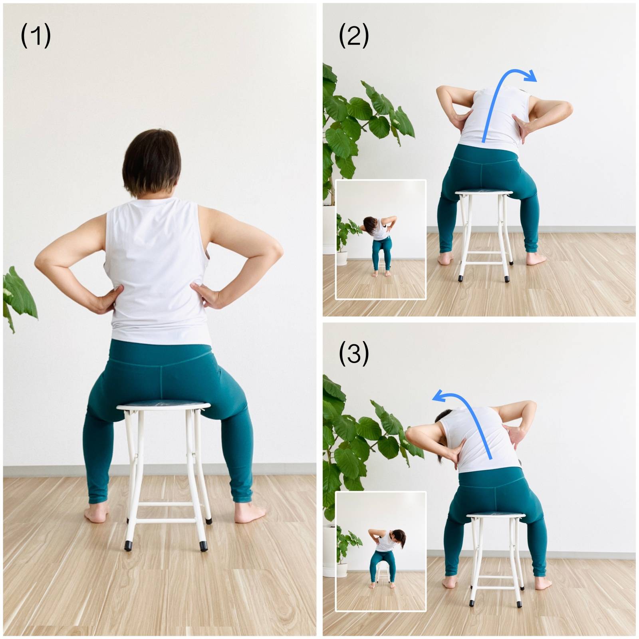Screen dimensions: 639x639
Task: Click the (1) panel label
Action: coord(36,35)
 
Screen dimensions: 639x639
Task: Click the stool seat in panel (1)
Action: coord(163,406)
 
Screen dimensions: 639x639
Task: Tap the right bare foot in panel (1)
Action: coord(249,513)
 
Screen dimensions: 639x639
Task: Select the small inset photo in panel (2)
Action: coord(381,240)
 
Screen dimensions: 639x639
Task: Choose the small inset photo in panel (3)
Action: coord(381,551)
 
